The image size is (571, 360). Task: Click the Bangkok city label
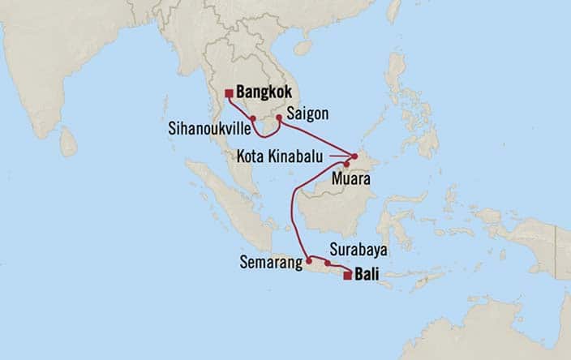(x=265, y=92)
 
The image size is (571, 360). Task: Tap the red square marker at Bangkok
(x=230, y=93)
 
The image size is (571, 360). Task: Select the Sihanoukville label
(x=208, y=128)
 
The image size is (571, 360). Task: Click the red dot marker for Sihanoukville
(x=253, y=119)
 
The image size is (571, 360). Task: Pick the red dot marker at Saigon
(x=279, y=118)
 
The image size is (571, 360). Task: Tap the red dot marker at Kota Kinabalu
(x=354, y=156)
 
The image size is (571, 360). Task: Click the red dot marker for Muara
(x=346, y=165)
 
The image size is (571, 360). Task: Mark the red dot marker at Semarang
(x=309, y=260)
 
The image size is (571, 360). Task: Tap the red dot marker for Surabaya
(x=328, y=263)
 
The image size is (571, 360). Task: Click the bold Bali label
(x=370, y=276)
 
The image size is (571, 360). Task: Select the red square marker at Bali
(x=347, y=276)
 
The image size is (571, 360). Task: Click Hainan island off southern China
(x=302, y=48)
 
